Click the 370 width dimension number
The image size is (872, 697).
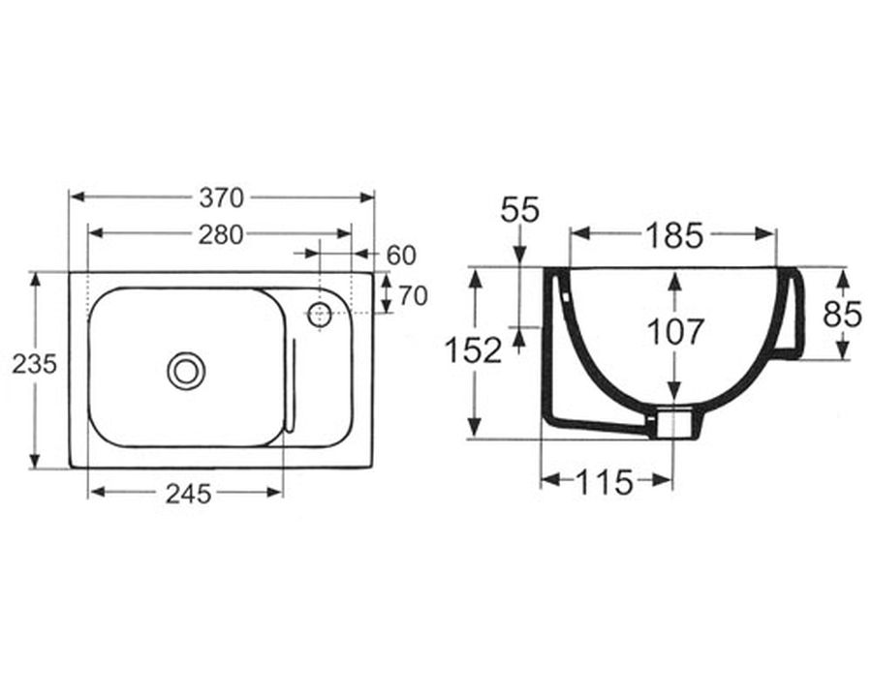pyautogui.click(x=221, y=197)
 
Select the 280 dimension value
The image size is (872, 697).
pyautogui.click(x=221, y=235)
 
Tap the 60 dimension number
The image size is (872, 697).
pyautogui.click(x=401, y=256)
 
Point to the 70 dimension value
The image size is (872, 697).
pyautogui.click(x=413, y=295)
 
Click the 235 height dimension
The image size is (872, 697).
pyautogui.click(x=35, y=365)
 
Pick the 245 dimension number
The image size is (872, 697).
pyautogui.click(x=189, y=494)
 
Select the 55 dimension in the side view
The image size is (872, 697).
pyautogui.click(x=520, y=210)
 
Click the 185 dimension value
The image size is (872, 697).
pyautogui.click(x=674, y=235)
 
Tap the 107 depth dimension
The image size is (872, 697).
pyautogui.click(x=675, y=332)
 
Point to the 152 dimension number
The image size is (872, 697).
pyautogui.click(x=474, y=350)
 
